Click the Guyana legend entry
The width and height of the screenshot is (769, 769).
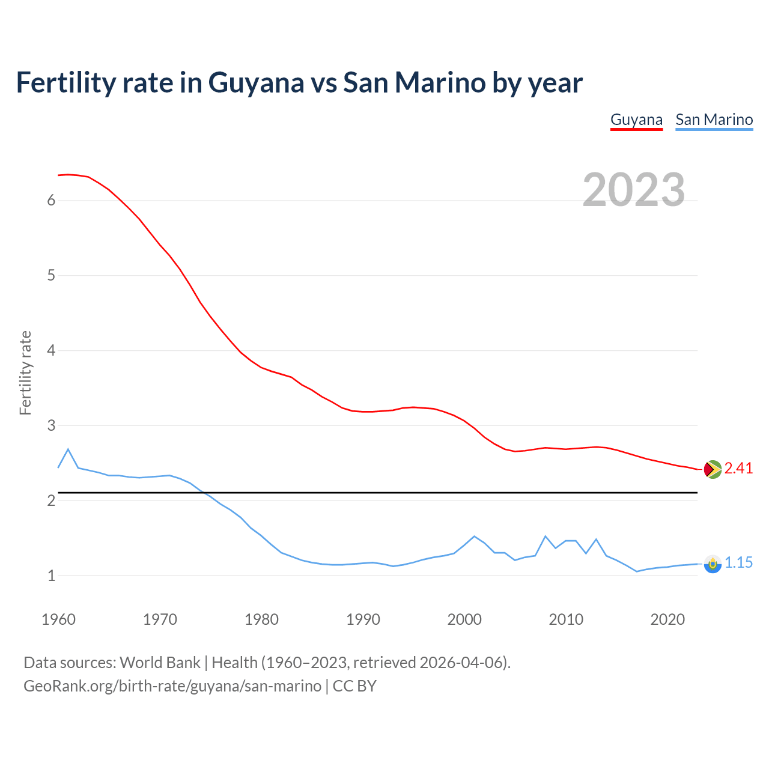tap(636, 120)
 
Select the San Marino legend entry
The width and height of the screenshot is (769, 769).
tap(714, 120)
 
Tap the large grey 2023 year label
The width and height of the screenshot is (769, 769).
tap(633, 190)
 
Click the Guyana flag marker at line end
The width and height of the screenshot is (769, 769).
tap(713, 469)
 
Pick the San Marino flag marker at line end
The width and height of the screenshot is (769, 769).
tap(713, 564)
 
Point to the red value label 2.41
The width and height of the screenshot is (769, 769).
tap(738, 469)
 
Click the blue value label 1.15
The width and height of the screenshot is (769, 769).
tap(738, 563)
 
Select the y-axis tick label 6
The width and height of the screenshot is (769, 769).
tap(51, 201)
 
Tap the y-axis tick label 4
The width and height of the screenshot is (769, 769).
tap(51, 351)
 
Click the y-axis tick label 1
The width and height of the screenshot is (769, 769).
tap(51, 576)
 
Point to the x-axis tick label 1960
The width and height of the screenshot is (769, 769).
tap(58, 619)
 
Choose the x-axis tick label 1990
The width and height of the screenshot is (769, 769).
tap(363, 619)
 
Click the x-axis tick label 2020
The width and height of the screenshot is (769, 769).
tap(667, 619)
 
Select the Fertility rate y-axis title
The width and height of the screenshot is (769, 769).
tap(25, 372)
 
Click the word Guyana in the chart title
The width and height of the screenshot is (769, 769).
tap(256, 82)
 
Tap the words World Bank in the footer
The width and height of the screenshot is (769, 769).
tap(160, 663)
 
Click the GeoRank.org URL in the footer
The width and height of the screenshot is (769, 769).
tap(172, 686)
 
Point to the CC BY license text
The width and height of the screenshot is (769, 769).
tap(354, 686)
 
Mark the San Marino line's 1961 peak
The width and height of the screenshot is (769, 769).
tap(68, 449)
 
